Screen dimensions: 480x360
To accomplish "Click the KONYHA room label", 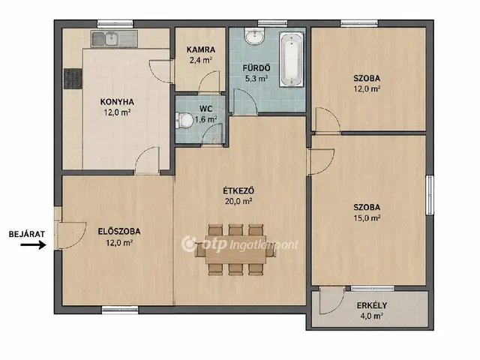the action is click(117, 102).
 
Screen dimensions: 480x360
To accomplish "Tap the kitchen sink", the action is click(114, 39).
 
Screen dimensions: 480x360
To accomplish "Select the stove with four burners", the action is click(73, 79).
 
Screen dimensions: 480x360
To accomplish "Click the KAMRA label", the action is click(201, 49).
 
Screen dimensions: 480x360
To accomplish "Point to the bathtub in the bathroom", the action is click(292, 60).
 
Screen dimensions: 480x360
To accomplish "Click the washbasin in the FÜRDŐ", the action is click(254, 36).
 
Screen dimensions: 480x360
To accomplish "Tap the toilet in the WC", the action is click(184, 120).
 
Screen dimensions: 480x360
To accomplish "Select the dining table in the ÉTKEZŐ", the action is click(235, 249).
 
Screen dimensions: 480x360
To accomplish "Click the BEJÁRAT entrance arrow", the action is click(33, 244).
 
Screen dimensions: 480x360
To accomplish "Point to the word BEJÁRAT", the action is click(27, 234).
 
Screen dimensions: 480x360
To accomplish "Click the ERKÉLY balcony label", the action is click(372, 305).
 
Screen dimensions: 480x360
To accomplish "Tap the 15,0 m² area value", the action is click(367, 218).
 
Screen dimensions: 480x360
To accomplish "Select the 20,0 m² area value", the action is click(238, 202).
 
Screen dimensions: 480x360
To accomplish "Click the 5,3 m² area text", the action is click(256, 79).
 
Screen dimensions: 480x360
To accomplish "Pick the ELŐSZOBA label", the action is click(119, 232).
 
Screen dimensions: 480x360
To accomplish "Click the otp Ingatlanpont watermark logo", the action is click(240, 244).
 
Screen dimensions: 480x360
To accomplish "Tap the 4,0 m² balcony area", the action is click(372, 316).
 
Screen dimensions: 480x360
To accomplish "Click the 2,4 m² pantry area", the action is click(201, 60).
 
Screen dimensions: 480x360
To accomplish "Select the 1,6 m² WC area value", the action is click(205, 119).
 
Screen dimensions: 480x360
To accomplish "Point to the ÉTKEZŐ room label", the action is click(238, 190).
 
